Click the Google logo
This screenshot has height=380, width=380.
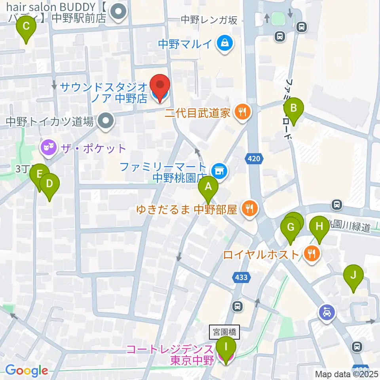tap(26, 370)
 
